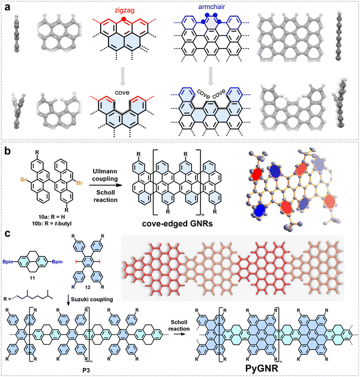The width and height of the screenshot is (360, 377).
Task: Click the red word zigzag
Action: click(124, 10)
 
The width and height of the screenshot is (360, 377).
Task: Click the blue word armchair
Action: click(212, 7)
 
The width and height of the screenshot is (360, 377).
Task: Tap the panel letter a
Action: click(8, 7)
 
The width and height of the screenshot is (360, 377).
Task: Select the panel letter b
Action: click(8, 152)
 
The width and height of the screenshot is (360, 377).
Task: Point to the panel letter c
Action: click(8, 234)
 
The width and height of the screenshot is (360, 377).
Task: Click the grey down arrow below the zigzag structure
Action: click(123, 77)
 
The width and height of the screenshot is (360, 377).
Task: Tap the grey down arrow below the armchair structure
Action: click(211, 77)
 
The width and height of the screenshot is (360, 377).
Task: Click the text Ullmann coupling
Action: click(105, 175)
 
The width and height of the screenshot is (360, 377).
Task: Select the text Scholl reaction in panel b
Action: click(106, 196)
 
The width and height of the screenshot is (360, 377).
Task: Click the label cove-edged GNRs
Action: click(178, 224)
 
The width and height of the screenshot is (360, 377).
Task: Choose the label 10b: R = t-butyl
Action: click(52, 224)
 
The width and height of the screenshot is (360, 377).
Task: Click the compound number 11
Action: click(32, 278)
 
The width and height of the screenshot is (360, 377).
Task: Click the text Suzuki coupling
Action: click(92, 299)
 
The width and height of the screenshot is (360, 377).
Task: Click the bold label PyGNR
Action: click(262, 368)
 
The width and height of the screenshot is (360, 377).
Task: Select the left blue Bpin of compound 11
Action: click(8, 262)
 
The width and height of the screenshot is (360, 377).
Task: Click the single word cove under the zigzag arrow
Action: click(122, 92)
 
